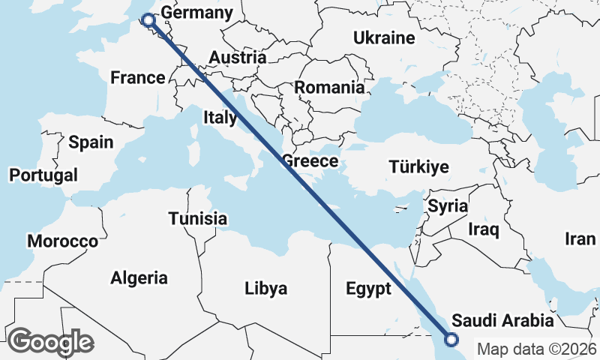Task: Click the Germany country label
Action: [x=197, y=13]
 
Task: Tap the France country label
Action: [x=137, y=78]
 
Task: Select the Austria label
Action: [x=237, y=58]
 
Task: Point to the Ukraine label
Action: [x=384, y=38]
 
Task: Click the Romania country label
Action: [x=329, y=87]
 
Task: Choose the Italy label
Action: [x=220, y=118]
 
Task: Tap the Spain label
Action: [x=91, y=142]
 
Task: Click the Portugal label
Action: [x=43, y=175]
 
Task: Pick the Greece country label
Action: [x=310, y=161]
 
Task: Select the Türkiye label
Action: [x=418, y=167]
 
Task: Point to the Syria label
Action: [x=448, y=205]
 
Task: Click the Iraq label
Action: [x=484, y=229]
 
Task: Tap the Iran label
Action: [x=580, y=239]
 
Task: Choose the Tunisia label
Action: [x=197, y=219]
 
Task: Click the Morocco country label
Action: [x=62, y=241]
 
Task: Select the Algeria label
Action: [x=139, y=278]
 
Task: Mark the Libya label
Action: [x=266, y=288]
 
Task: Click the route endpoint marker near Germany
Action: [x=148, y=20]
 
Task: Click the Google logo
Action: [x=51, y=342]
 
